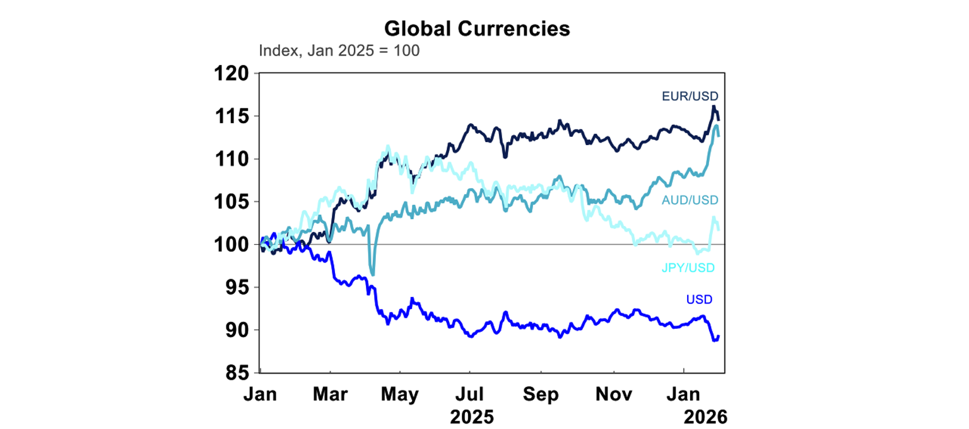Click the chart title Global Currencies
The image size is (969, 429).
point(477,28)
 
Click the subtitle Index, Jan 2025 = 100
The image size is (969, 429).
point(339,50)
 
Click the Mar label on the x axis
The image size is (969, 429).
point(331,395)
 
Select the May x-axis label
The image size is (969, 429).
point(400,395)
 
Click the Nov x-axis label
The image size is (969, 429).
point(614,395)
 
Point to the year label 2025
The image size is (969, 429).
point(472,417)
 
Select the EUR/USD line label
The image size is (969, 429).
point(690,97)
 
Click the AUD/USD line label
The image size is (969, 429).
point(690,200)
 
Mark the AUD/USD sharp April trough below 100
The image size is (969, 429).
point(372,274)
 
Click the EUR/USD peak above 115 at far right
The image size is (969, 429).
point(714,107)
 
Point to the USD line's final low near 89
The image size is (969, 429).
point(714,340)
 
